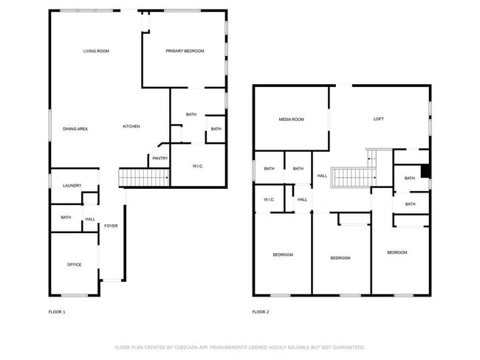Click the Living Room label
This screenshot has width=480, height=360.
(x=96, y=51)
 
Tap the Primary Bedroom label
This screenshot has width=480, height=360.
(x=185, y=51)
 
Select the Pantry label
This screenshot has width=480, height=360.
(x=160, y=159)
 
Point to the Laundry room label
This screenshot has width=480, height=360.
(x=72, y=186)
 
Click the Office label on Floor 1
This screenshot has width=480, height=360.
(x=75, y=265)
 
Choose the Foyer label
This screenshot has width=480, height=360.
(x=111, y=226)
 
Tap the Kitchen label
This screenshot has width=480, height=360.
(x=131, y=126)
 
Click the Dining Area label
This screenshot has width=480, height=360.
(x=75, y=129)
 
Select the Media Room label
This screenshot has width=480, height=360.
(x=292, y=120)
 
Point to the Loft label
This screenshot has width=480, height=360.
(x=379, y=119)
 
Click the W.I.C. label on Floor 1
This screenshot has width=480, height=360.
(x=198, y=166)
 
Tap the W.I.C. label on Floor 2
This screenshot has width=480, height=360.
(x=269, y=200)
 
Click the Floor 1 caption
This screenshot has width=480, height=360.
(x=57, y=312)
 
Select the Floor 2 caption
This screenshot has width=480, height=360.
(x=261, y=312)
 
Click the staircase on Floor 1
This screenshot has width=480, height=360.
(x=144, y=177)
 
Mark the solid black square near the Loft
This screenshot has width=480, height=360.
(x=425, y=171)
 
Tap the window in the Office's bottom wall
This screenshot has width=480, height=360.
(x=75, y=296)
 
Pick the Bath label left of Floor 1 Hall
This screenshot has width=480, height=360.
(x=66, y=218)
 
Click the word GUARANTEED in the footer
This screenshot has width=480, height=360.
(x=349, y=347)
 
